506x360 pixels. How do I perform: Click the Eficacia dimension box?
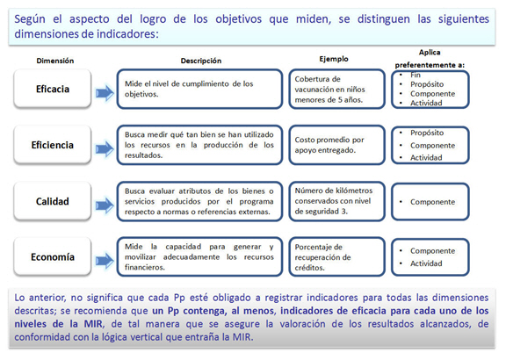pos(53,89)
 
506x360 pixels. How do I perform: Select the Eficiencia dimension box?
pos(53,145)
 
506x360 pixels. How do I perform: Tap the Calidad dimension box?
pos(53,201)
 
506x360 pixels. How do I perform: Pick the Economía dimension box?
pos(53,256)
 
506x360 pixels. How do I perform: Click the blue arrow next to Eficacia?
pos(105,93)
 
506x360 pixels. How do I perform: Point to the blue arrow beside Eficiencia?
pos(105,149)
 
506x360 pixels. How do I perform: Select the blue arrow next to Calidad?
pos(105,205)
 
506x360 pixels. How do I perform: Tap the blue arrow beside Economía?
pos(105,261)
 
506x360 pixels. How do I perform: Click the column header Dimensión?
pos(54,61)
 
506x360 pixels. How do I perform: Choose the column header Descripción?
pos(200,61)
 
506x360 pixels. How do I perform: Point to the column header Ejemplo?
pos(334,59)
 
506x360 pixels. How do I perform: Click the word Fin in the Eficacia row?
pos(416,76)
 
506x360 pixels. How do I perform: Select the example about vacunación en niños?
pos(329,90)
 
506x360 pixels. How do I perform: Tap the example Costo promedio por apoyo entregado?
pos(329,145)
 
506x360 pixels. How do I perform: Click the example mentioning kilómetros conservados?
pos(333,201)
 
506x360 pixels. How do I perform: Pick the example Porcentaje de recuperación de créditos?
pos(322,257)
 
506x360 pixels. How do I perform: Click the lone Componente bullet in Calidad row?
pos(432,202)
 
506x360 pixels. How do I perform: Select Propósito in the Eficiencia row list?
pos(427,133)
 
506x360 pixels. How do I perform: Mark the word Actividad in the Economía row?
pos(426,263)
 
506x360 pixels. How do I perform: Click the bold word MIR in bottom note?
pos(93,323)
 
